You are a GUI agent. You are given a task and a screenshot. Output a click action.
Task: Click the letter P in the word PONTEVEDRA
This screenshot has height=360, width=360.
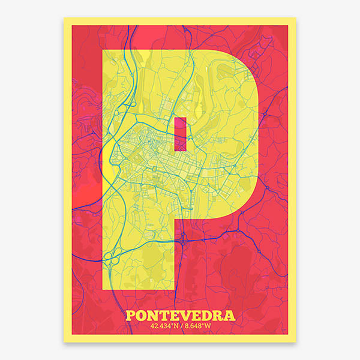(x=132, y=316)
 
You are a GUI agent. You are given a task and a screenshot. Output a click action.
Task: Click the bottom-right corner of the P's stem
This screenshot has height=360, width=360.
(x=174, y=290)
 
